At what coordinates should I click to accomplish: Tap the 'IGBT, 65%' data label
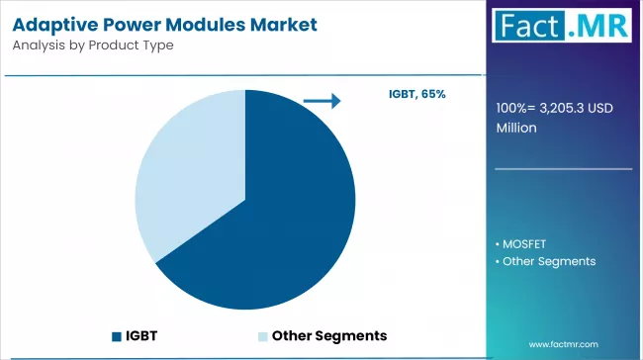[416, 94]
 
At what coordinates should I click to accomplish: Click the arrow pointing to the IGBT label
[321, 100]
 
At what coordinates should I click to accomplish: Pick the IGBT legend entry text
[140, 335]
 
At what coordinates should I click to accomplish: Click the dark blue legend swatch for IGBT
[118, 335]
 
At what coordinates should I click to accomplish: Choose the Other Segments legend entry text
[328, 335]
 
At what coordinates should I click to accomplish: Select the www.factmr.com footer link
[564, 343]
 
